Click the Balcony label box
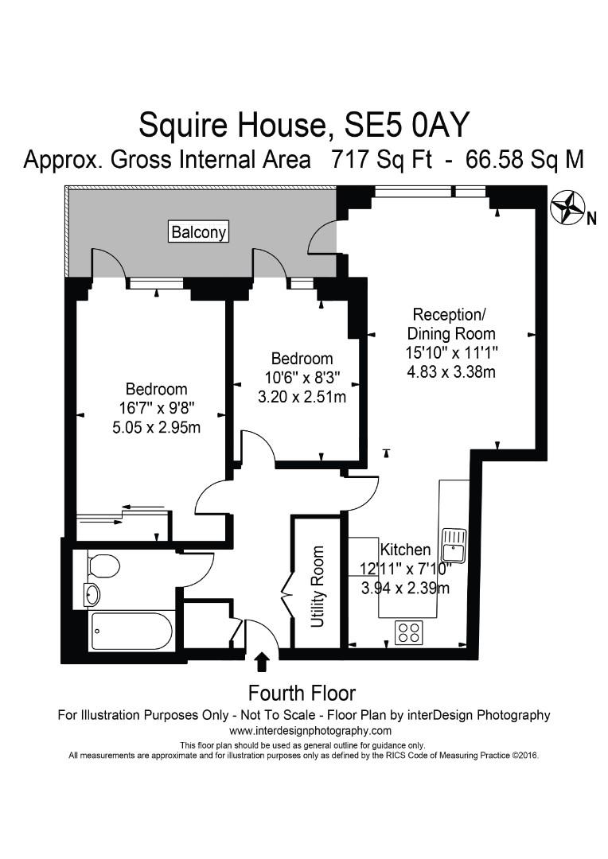[x=199, y=232]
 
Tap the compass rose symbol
[x=568, y=208]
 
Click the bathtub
[x=132, y=632]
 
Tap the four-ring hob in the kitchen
[x=409, y=632]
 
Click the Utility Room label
[x=318, y=586]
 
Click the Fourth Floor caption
[x=302, y=693]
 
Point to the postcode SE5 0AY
[x=407, y=125]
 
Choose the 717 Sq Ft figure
[x=380, y=159]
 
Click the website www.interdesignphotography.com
[x=310, y=730]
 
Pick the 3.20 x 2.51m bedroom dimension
[x=302, y=396]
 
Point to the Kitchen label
[x=405, y=550]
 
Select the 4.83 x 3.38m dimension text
[x=451, y=371]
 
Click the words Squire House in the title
[x=231, y=125]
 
